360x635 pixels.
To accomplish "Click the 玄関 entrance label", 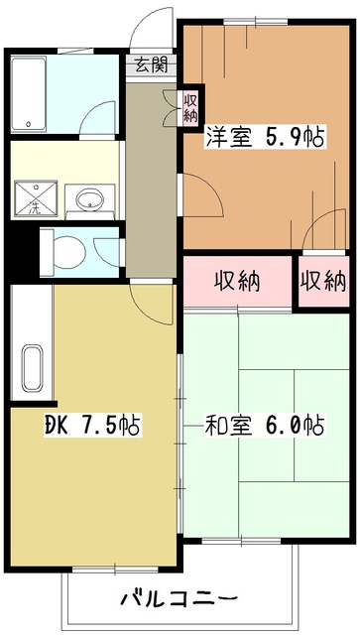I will click(x=152, y=66).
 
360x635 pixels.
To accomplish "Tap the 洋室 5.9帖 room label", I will click(x=265, y=138).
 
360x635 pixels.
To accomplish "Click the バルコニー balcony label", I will click(x=179, y=598).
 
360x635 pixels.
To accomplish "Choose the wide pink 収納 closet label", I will click(x=237, y=280).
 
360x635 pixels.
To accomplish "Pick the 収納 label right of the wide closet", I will click(x=323, y=280).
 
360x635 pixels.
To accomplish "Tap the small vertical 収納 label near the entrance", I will click(x=189, y=105).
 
